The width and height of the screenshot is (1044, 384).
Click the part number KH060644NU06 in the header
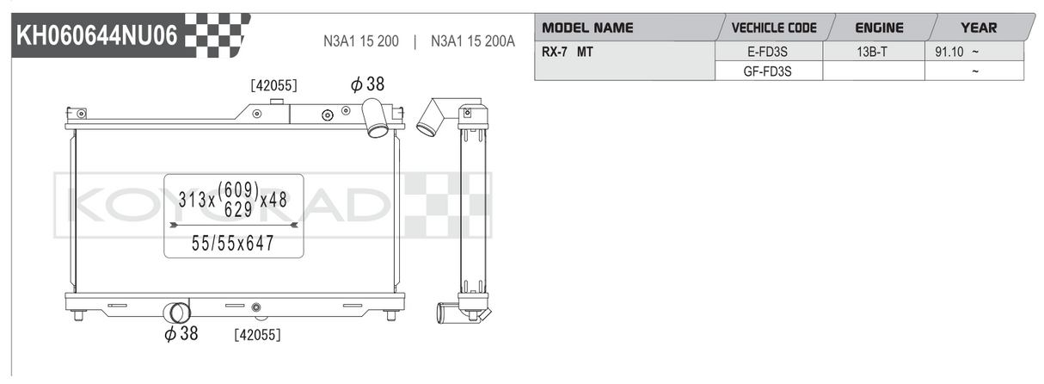point(97,35)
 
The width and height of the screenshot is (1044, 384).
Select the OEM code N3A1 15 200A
point(473,41)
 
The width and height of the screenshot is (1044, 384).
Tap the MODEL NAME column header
point(587,28)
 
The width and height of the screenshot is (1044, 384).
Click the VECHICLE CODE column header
point(774,28)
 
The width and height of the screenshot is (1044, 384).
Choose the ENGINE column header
point(879,28)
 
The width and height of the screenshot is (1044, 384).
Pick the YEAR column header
point(979,28)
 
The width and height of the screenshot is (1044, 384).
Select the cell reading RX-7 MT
point(568,52)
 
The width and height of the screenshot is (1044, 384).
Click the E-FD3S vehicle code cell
point(767,52)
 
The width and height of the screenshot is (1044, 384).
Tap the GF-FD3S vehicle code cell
point(767,71)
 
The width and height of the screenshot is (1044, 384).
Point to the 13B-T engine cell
point(872,52)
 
